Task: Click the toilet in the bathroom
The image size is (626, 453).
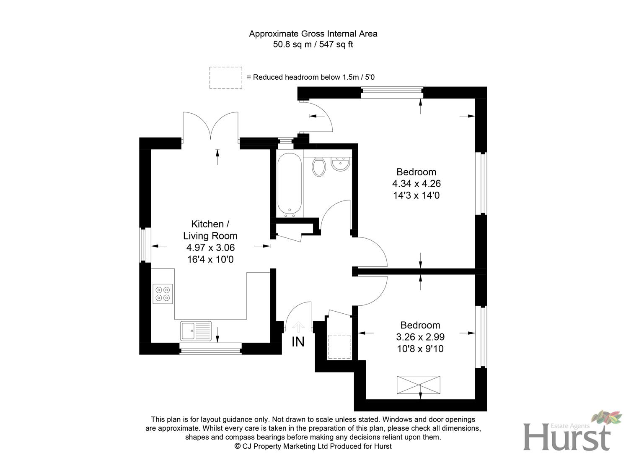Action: pos(319,167)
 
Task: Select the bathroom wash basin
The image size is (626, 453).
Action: pos(340,164)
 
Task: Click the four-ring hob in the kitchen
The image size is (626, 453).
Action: pos(163,294)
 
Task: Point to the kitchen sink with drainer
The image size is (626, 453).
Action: pos(196,331)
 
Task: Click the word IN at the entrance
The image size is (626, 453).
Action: pos(298,342)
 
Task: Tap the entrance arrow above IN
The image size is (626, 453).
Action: pos(298,326)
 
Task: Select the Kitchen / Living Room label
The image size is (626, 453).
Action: pos(210,230)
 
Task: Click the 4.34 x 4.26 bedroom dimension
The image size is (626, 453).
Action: pos(416,184)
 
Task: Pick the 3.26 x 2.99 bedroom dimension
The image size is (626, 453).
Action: pos(420,337)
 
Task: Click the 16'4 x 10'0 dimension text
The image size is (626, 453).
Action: pos(210,260)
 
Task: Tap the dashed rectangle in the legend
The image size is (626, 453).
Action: pos(226,78)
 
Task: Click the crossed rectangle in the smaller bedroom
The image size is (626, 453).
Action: pos(419,385)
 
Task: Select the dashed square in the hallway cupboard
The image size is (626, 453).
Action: pos(339,347)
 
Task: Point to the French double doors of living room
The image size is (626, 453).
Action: pos(211,126)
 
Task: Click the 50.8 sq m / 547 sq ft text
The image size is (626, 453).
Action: pos(313,44)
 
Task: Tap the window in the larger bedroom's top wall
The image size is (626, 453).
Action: pos(392,92)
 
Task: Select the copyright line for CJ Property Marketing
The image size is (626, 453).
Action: pos(313,446)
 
